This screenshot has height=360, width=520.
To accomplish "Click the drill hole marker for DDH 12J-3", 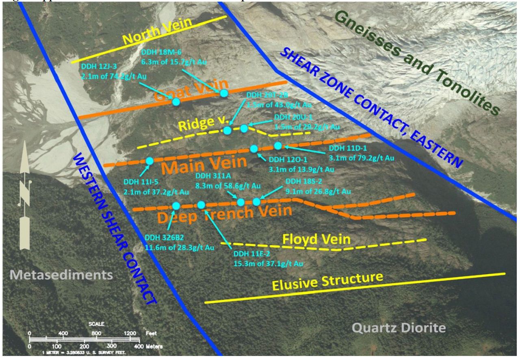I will [x=176, y=102].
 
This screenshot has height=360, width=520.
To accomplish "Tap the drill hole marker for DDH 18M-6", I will [x=223, y=93].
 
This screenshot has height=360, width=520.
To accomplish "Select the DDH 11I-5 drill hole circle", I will [x=149, y=161].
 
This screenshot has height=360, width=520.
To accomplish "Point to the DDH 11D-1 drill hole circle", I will [x=278, y=145].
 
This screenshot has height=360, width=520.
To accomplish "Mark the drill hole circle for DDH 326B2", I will [x=176, y=206].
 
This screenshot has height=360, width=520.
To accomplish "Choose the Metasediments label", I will [x=61, y=275].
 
